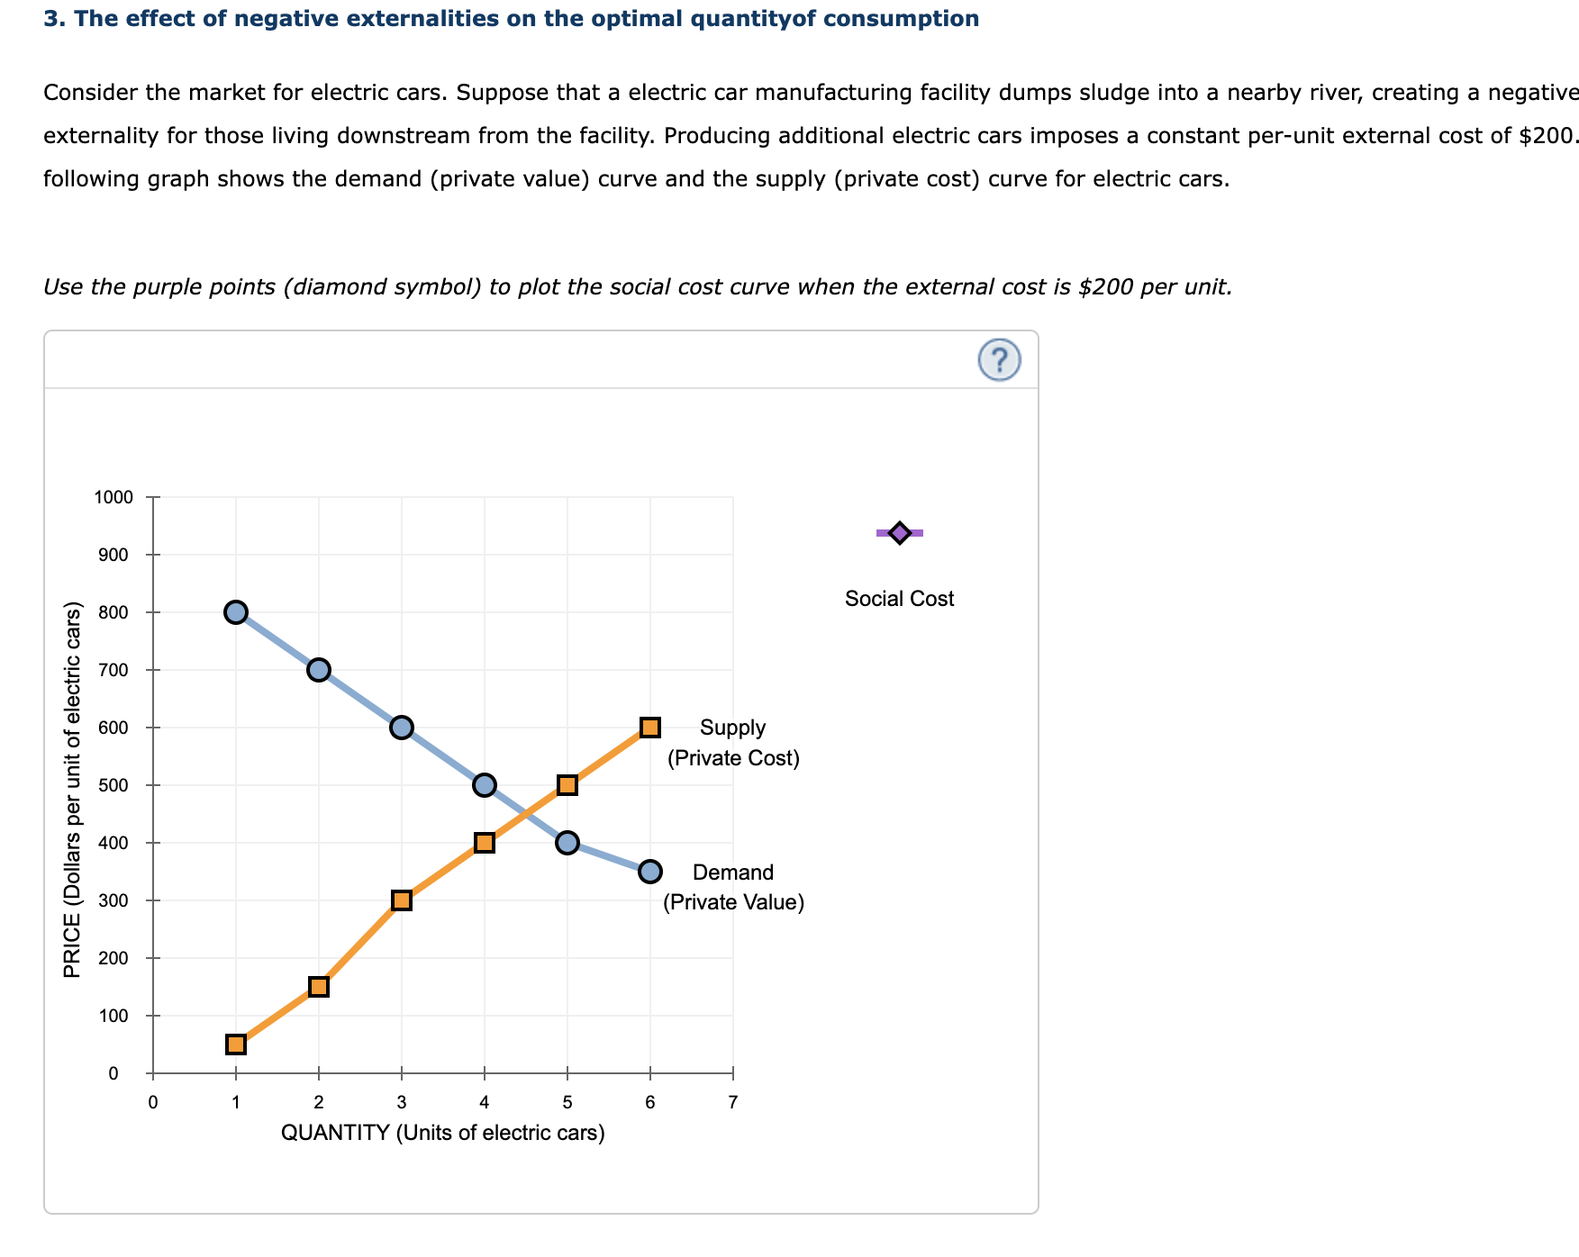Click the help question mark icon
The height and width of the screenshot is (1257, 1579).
999,360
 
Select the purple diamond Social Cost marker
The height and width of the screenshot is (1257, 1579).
899,533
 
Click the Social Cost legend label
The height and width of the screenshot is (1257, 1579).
899,599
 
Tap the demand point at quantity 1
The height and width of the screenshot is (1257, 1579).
236,612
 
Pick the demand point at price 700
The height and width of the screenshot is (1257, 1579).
319,670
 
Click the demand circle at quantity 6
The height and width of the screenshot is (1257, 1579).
650,872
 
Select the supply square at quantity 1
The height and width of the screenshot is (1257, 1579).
236,1044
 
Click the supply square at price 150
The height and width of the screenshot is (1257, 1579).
319,987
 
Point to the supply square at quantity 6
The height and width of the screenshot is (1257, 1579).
650,728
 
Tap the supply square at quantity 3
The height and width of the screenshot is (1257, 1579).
402,900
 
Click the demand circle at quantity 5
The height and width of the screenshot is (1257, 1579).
567,843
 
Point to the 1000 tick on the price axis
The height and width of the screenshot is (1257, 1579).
114,497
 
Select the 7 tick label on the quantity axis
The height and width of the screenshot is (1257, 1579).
733,1102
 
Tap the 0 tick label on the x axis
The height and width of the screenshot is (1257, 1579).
153,1102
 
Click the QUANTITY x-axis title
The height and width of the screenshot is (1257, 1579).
442,1133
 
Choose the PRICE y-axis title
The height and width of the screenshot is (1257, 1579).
72,789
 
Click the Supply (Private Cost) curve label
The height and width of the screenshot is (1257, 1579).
733,743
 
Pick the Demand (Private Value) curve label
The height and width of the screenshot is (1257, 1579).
733,887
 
